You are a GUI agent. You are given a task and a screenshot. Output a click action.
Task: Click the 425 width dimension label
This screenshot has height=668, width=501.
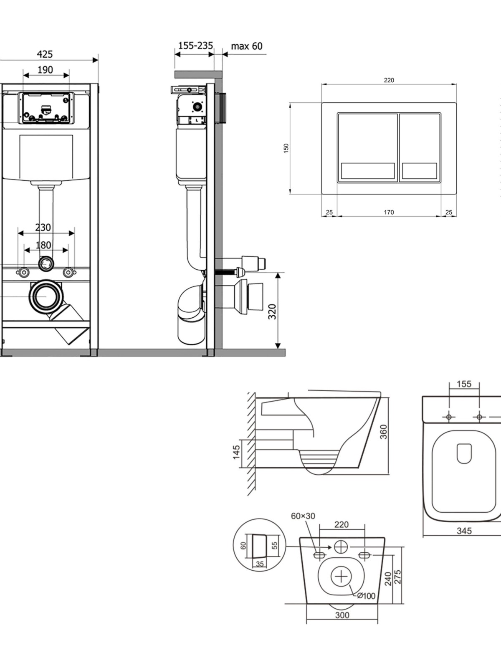pos(45,54)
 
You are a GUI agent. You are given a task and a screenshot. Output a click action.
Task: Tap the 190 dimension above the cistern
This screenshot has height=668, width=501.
pos(45,70)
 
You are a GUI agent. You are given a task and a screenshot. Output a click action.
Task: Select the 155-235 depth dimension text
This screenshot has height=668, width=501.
pos(195,46)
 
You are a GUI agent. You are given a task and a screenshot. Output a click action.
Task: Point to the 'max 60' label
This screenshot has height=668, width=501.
pos(246,46)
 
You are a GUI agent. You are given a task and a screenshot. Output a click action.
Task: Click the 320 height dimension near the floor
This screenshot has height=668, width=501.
pos(272,311)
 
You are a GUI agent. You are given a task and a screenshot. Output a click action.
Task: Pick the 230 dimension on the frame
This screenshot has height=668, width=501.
pos(43,228)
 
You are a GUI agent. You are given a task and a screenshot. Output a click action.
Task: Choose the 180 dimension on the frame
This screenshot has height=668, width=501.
pos(43,245)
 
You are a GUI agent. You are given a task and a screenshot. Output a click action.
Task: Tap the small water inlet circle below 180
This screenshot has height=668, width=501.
pos(46,263)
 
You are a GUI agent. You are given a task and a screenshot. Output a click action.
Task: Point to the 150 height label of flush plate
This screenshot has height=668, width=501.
pos(286,148)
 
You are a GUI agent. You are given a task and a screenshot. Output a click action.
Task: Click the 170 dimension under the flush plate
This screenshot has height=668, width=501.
pos(389,212)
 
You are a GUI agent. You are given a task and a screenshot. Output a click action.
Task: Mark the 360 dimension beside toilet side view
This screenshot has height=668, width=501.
pos(384,432)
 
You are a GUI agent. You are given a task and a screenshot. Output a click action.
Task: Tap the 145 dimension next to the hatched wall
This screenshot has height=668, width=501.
pos(236,452)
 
